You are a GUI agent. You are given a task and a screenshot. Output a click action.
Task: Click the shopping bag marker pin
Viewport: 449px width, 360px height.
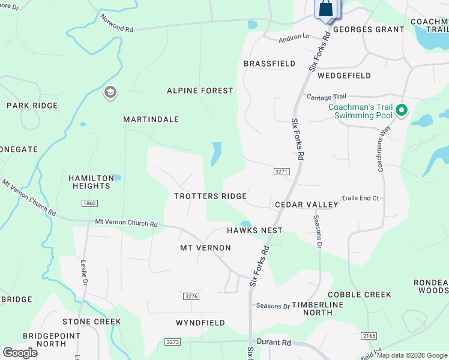point(326,9)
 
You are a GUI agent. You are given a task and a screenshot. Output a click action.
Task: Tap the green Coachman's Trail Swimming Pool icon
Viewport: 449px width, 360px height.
point(402,111)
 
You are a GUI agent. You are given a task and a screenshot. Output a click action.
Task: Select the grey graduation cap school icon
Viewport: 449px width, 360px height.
point(110,92)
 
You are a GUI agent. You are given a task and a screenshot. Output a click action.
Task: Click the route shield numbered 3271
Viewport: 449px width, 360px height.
point(282,172)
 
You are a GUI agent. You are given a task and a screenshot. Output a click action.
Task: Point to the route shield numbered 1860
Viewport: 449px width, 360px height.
point(89,204)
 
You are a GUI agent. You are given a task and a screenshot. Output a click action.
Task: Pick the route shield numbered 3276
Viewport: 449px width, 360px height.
point(191,296)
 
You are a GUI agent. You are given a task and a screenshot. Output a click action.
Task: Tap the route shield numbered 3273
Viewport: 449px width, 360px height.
point(172,341)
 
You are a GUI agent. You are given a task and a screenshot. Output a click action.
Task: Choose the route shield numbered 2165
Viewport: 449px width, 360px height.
point(369,335)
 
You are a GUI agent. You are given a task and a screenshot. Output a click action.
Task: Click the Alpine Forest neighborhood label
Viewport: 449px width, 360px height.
point(200,91)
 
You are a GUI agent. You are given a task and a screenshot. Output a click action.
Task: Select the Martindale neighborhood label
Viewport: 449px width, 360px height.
point(151,119)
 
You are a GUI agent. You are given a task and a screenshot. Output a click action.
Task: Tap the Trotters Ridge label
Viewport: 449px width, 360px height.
point(211,196)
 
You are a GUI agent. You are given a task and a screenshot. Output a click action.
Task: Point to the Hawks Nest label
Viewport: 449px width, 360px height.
point(255,230)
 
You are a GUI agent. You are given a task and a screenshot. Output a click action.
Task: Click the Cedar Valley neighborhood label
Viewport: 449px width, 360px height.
point(307,205)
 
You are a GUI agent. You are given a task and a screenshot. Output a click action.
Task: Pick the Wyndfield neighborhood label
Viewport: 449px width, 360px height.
point(200,323)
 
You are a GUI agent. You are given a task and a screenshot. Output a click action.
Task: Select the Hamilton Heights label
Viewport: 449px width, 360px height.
point(91,182)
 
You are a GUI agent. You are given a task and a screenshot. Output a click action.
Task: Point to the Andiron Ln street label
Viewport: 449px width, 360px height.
point(294,37)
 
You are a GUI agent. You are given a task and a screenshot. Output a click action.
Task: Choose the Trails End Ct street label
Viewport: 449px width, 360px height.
point(360,198)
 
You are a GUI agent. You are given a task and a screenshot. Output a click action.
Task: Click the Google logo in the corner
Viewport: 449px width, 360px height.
point(20,353)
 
